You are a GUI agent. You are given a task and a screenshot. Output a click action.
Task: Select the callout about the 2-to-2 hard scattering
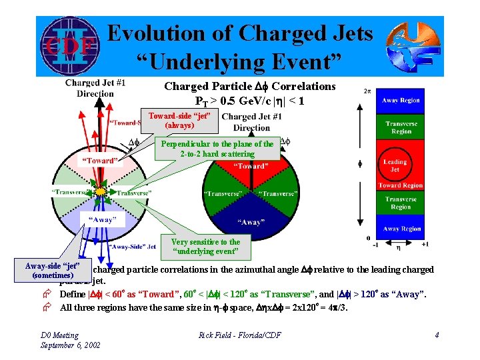click(217, 149)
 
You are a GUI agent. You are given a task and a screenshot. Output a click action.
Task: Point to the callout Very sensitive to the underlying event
click(205, 247)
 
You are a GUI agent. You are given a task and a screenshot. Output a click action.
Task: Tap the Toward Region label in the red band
click(400, 185)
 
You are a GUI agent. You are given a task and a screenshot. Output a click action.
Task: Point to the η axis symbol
click(399, 247)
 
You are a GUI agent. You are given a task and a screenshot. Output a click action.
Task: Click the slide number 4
click(437, 335)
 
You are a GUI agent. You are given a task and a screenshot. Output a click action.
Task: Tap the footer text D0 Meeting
click(59, 335)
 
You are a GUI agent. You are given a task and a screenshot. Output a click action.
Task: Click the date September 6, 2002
click(71, 345)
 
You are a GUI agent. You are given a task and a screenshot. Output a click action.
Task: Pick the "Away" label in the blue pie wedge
click(251, 223)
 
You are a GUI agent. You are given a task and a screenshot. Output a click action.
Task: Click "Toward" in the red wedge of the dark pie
click(250, 166)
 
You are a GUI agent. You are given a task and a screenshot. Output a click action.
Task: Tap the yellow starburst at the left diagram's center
click(100, 192)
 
